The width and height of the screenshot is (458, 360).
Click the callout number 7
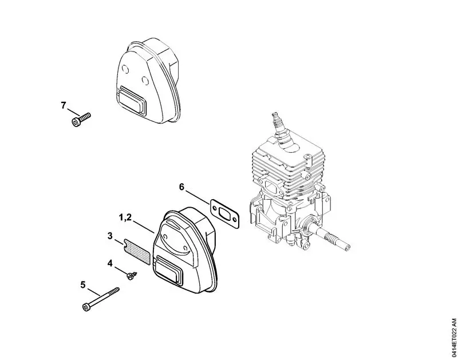[x=64, y=105]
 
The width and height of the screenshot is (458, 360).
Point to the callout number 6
[x=181, y=187]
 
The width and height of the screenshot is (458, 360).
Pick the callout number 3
[x=110, y=235]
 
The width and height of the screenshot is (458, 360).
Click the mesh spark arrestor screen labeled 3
[x=137, y=251]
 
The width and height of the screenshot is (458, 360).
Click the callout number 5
[x=82, y=284]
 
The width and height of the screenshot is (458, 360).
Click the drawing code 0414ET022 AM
[x=452, y=337]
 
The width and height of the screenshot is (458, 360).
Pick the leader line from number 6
[x=198, y=195]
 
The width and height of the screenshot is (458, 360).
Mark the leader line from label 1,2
[x=145, y=226]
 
